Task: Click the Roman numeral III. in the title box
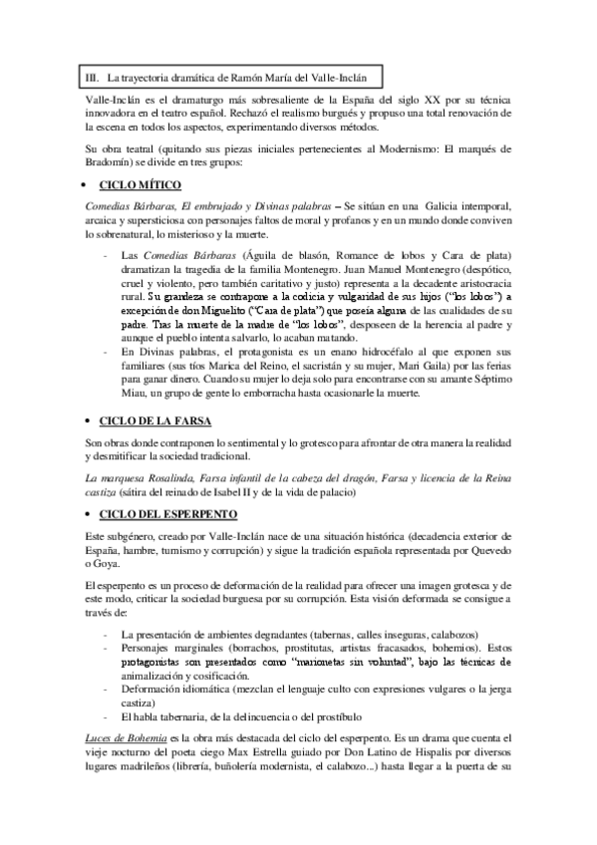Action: [92, 76]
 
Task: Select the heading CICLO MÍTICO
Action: [138, 186]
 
